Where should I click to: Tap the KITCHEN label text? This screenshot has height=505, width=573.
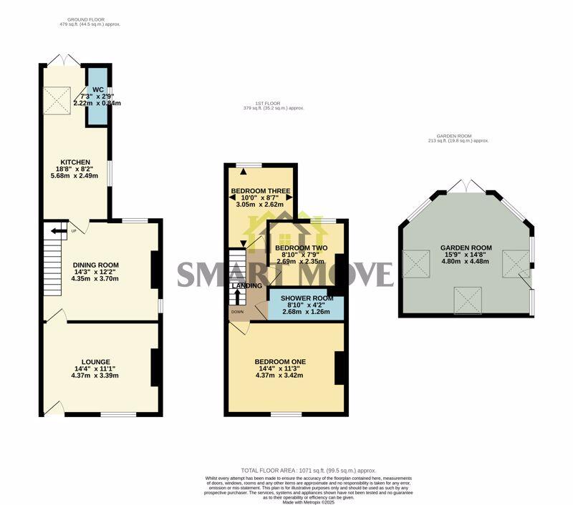74,162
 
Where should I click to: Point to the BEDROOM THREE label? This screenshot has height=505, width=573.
260,191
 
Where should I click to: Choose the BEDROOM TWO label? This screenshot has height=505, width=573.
301,248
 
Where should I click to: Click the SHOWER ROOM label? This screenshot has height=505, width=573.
307,298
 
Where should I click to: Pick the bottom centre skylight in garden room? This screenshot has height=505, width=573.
467,300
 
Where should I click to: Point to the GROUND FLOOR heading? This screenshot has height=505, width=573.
90,20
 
